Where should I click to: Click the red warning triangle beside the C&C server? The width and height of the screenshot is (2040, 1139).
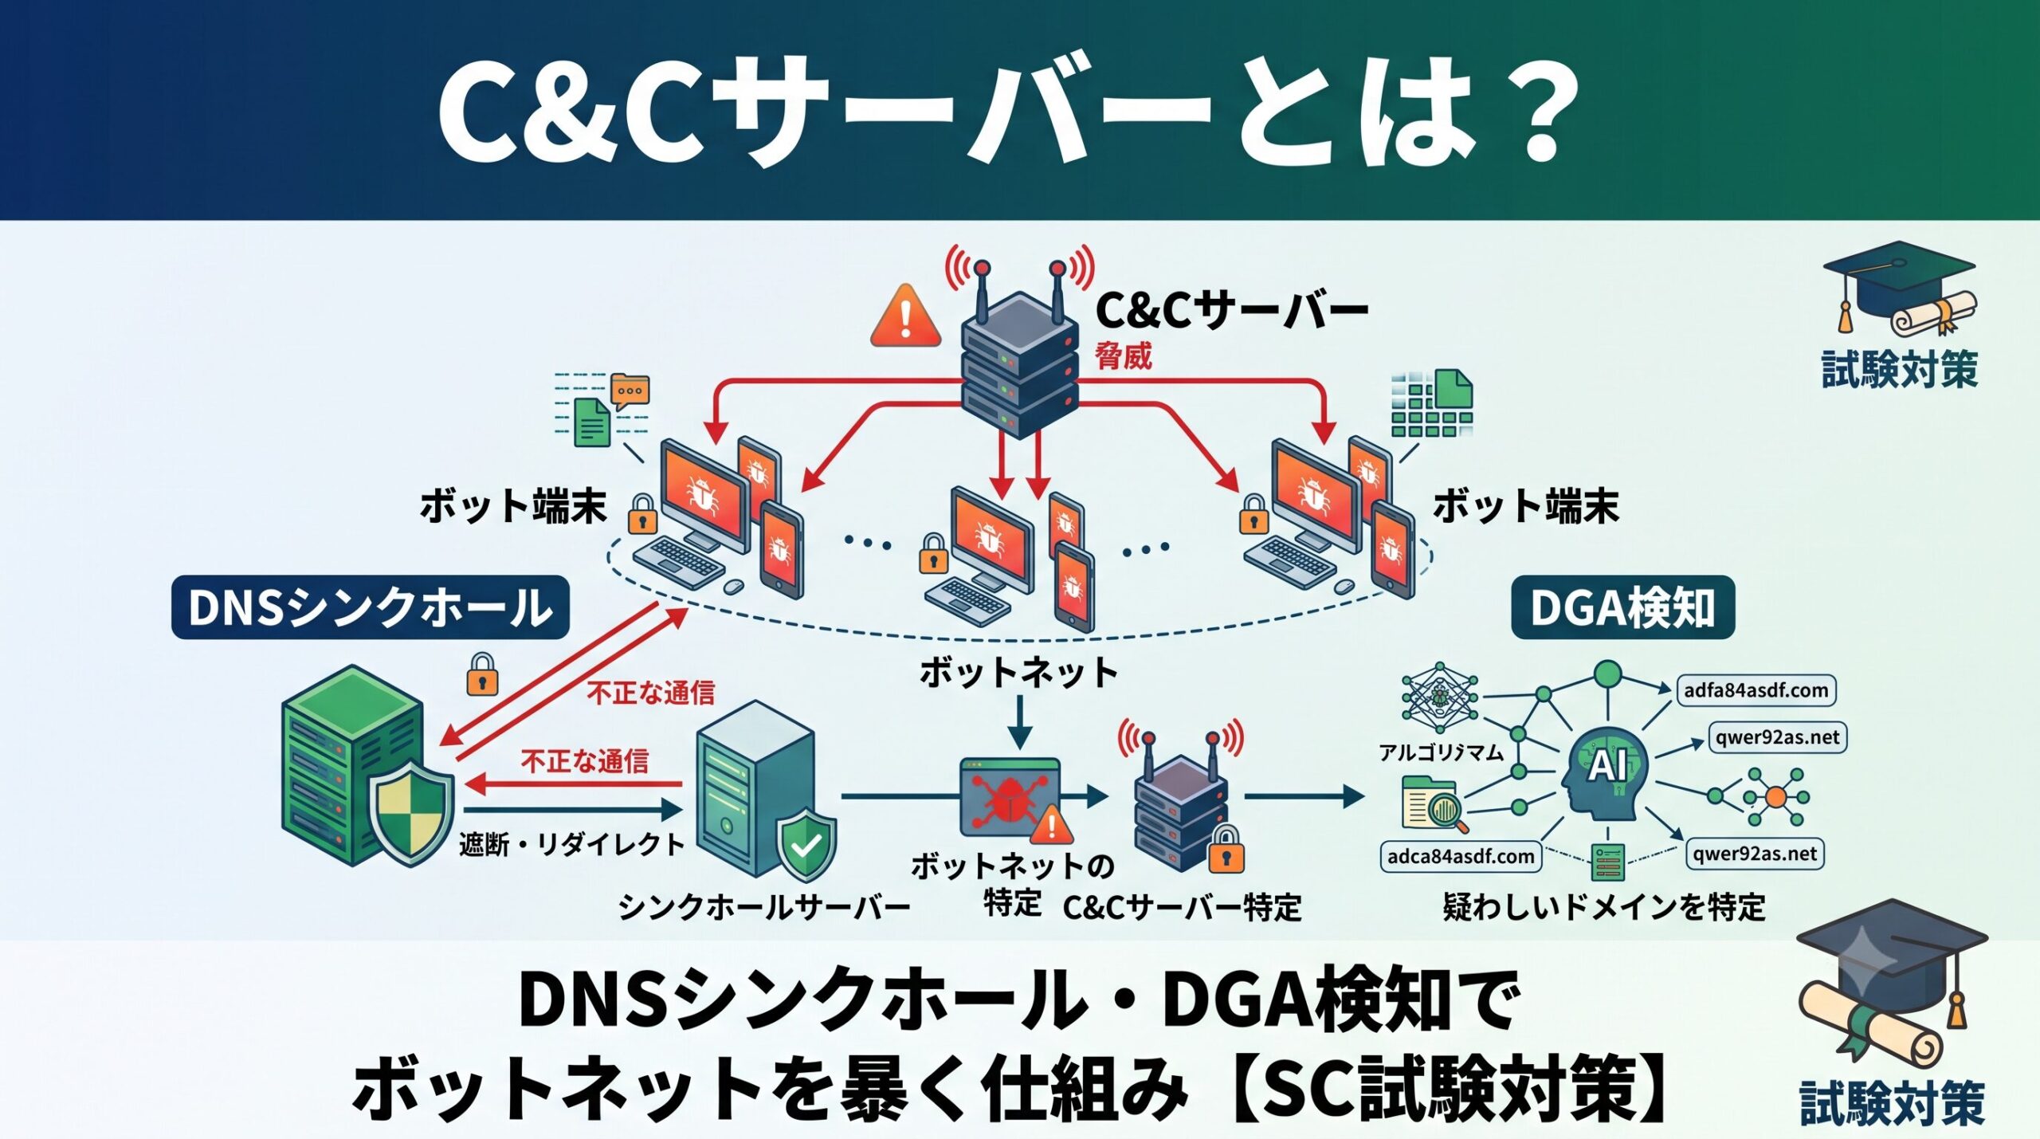[x=905, y=316]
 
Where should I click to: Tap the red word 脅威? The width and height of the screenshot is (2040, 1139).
[x=1124, y=355]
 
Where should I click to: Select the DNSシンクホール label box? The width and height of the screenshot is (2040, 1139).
[x=371, y=607]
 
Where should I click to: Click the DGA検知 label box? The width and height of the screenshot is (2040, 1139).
[x=1623, y=607]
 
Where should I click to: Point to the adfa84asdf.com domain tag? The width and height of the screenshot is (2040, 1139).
[x=1756, y=690]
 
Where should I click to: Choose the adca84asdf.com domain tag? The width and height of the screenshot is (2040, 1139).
[x=1461, y=857]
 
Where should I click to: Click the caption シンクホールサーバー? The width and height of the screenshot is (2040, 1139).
[x=764, y=907]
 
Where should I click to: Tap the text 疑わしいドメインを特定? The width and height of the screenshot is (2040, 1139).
[x=1604, y=907]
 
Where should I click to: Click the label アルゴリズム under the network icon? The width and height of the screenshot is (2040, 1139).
[x=1442, y=752]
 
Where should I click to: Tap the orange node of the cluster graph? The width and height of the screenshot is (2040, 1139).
[x=1776, y=796]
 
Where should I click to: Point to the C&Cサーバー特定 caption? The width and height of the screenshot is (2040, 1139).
[x=1182, y=907]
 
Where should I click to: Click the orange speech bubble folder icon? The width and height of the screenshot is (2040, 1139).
[x=630, y=391]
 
